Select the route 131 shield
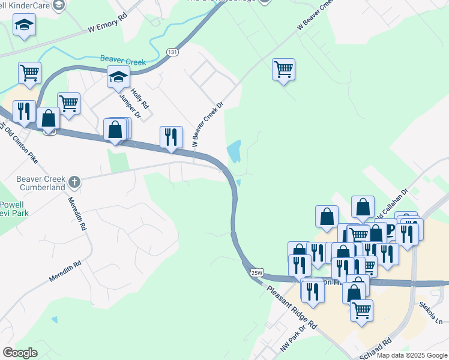coord(173,52)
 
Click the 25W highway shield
coord(256,272)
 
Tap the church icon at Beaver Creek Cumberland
coord(74,181)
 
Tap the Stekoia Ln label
coord(431,311)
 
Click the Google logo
coord(20,353)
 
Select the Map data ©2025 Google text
coord(411,355)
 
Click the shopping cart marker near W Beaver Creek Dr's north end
coord(283,69)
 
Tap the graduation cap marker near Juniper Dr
coord(118,77)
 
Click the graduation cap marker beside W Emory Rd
coord(25,25)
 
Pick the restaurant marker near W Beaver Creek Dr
coord(171,137)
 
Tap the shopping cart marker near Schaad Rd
coord(361,311)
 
